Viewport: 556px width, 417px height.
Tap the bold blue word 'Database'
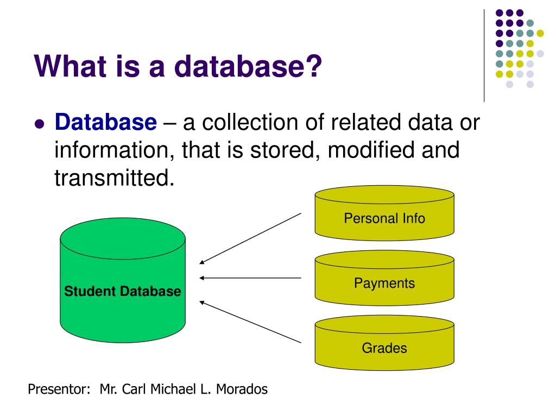point(105,123)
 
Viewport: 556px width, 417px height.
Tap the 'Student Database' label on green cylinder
point(123,291)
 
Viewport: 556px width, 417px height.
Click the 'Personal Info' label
point(384,218)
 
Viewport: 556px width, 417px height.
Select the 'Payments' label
point(384,283)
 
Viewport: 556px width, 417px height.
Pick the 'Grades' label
point(384,347)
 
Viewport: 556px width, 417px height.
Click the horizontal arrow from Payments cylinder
point(250,278)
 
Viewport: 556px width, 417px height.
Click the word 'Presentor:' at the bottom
point(59,389)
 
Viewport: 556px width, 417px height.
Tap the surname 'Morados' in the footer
point(242,389)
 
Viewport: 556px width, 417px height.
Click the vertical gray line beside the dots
point(484,54)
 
